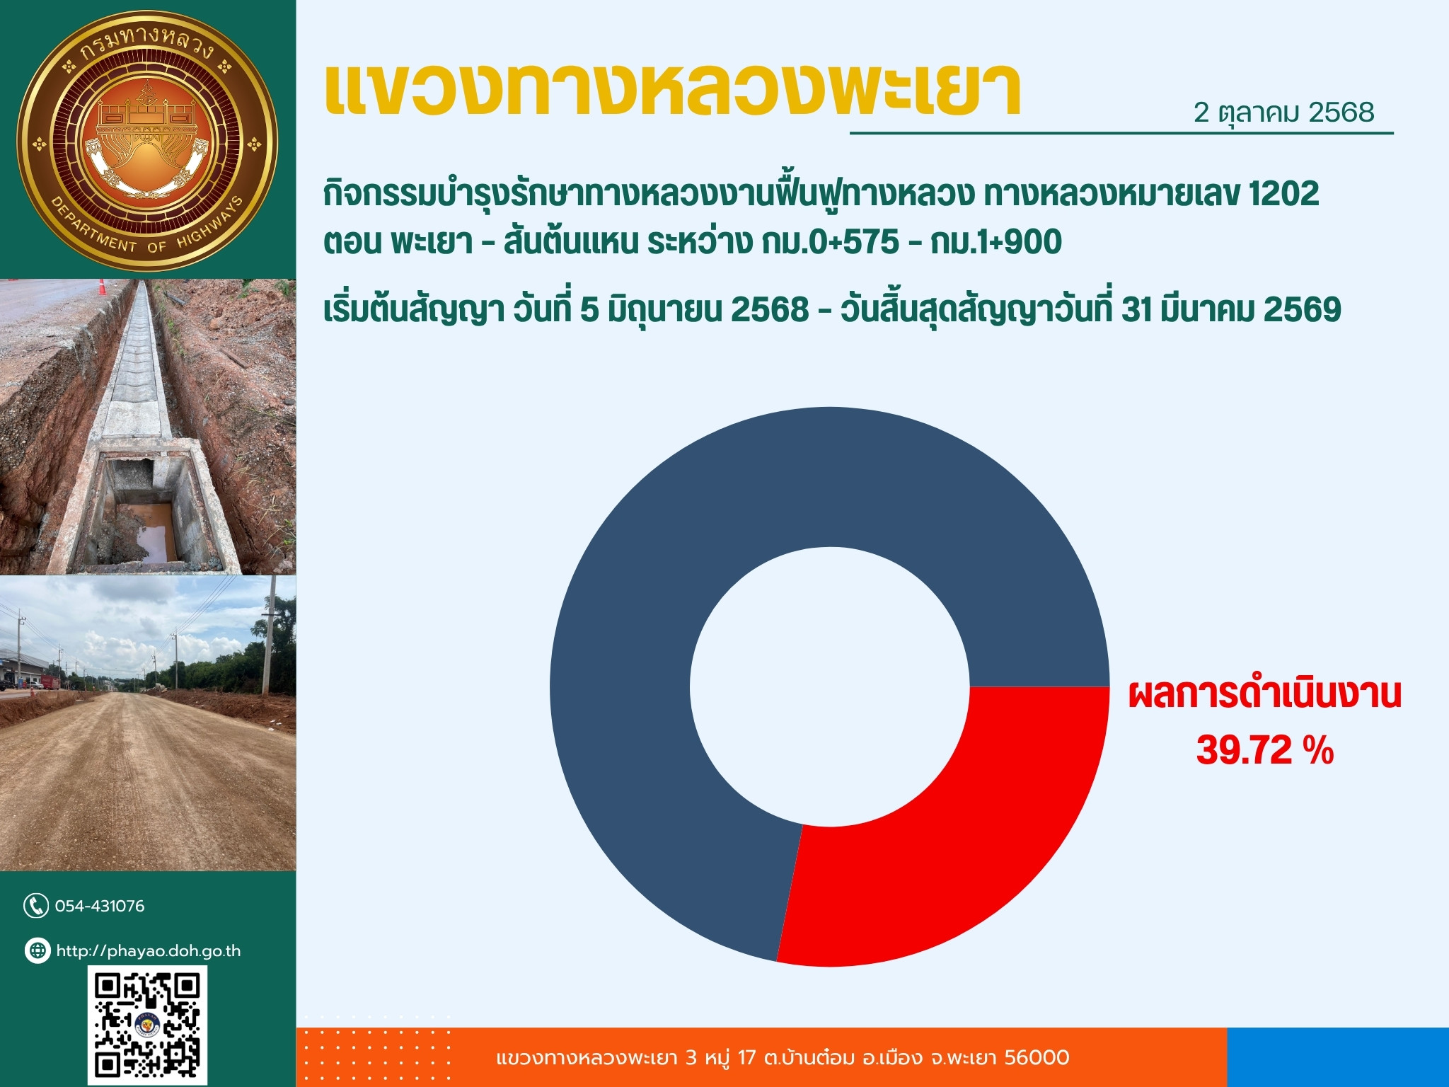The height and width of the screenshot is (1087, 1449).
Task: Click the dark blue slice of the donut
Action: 708,538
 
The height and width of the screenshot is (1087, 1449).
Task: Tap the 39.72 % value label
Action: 1264,750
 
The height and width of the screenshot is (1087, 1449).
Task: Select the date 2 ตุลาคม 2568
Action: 1284,113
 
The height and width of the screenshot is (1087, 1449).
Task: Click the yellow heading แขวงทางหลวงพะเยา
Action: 673,91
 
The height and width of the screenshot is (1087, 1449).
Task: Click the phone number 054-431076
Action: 100,906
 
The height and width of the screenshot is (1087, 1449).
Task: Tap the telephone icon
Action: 36,906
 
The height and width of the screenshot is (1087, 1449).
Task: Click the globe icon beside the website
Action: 37,950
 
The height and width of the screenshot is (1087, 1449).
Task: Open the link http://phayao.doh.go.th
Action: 149,951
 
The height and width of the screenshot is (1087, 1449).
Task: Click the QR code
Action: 148,1025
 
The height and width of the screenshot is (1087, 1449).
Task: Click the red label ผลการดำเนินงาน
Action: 1264,695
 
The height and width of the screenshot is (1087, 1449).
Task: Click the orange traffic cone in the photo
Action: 103,287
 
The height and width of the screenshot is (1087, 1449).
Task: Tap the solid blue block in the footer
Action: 1338,1057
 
